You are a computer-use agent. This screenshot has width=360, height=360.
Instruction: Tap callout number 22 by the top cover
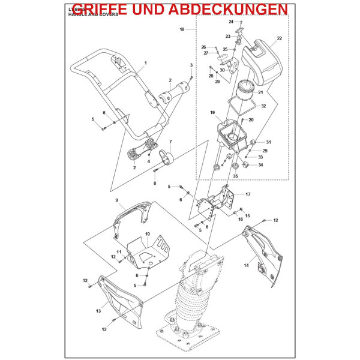pyautogui.click(x=280, y=39)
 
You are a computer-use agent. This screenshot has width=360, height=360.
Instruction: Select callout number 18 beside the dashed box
pyautogui.click(x=182, y=29)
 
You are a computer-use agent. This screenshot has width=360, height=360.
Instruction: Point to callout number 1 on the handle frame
pyautogui.click(x=145, y=63)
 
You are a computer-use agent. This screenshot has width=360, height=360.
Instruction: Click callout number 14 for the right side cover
pyautogui.click(x=246, y=264)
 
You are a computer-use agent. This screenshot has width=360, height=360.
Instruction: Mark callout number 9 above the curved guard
pyautogui.click(x=116, y=200)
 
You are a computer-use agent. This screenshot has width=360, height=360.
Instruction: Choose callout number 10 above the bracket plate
pyautogui.click(x=147, y=233)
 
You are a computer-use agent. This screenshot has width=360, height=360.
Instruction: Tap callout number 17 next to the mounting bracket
pyautogui.click(x=248, y=194)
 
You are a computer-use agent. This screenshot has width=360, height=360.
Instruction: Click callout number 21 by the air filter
pyautogui.click(x=260, y=92)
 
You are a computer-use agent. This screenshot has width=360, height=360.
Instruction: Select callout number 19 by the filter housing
pyautogui.click(x=212, y=113)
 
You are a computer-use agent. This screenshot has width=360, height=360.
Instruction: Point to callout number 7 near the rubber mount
pyautogui.click(x=170, y=142)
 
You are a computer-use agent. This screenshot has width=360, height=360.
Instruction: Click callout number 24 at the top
pyautogui.click(x=231, y=22)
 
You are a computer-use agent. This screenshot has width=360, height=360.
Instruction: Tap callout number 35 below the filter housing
pyautogui.click(x=235, y=176)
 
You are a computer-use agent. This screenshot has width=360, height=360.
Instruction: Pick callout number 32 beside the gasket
pyautogui.click(x=263, y=106)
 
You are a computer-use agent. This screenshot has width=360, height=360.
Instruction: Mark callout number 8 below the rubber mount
pyautogui.click(x=154, y=184)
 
